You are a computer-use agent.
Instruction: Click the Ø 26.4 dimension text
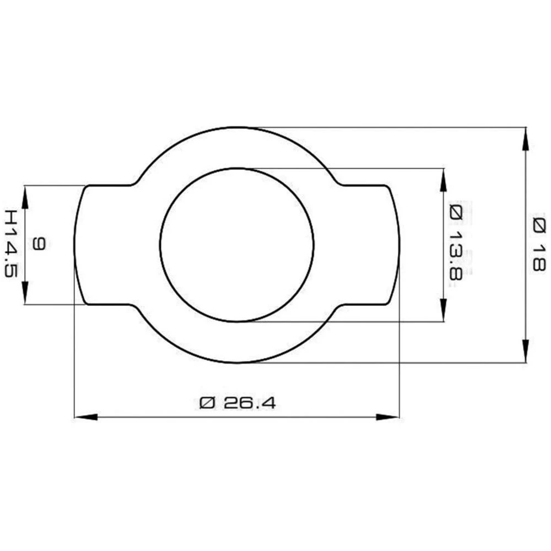pos(237,403)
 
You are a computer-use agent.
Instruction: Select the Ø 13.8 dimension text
pos(455,242)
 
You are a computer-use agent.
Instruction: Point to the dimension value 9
pos(37,244)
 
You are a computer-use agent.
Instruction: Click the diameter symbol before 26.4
pos(206,403)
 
